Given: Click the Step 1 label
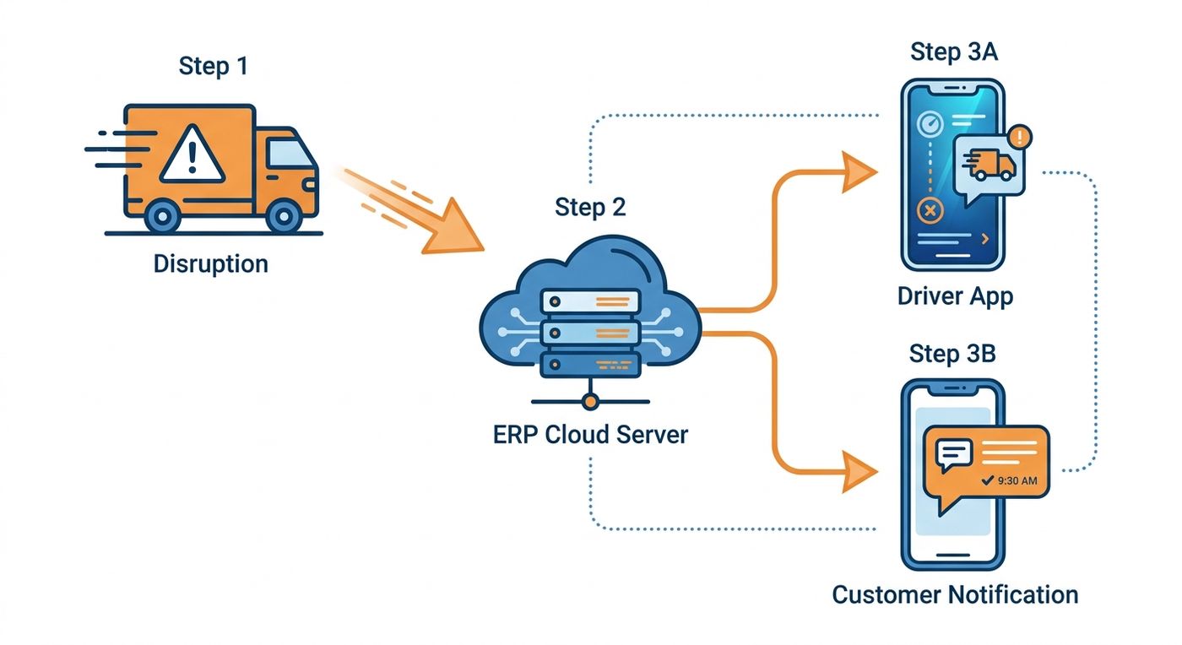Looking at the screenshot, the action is pos(213,67).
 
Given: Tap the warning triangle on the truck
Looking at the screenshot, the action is pos(192,154).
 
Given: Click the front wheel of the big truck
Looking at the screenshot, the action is pos(284,216).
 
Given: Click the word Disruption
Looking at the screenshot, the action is pos(210,263).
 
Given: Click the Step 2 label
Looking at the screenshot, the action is pos(590,207).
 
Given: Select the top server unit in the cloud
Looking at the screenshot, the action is pos(590,302).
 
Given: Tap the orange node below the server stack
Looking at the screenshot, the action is pos(590,402).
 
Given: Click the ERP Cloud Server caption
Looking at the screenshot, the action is pos(590,435).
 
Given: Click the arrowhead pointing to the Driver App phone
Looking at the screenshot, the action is pos(859,171).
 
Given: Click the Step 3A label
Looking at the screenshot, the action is pos(954,52).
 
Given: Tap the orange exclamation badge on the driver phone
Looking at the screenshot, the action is pos(1020,138).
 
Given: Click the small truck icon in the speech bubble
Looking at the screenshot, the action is pos(989,165).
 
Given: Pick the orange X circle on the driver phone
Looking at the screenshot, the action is pos(930,211).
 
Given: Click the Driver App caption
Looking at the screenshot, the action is pos(955,296).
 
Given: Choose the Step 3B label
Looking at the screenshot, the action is pos(952,354).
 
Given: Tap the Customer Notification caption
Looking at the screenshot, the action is pos(955,595).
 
